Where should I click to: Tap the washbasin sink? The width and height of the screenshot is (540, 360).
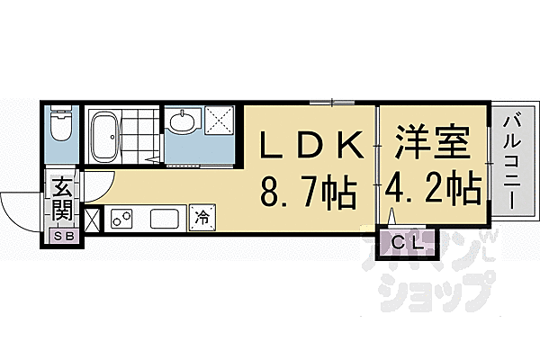click(x=182, y=122)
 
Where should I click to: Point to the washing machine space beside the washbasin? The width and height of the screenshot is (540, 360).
click(x=219, y=121)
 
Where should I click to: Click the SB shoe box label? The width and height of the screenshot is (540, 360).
click(x=62, y=236)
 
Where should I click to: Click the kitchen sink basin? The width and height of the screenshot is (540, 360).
click(x=166, y=219)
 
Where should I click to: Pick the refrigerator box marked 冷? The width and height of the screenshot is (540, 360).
click(x=202, y=217)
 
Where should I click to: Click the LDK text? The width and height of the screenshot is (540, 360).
click(x=312, y=145)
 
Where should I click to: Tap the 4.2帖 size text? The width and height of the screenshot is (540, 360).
click(x=433, y=191)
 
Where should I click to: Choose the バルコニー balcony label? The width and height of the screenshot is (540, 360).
click(x=510, y=159)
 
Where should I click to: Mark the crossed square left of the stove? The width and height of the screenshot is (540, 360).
click(x=93, y=219)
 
